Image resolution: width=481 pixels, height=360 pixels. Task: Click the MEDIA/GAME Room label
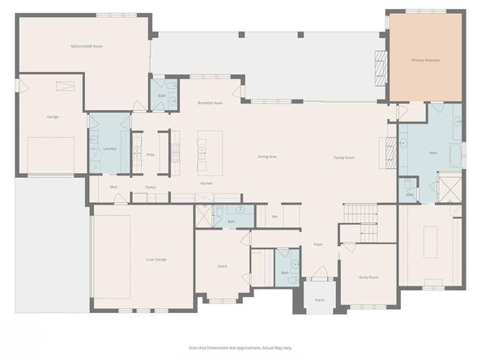click(x=87, y=46)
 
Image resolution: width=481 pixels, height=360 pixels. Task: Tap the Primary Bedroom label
click(x=425, y=60)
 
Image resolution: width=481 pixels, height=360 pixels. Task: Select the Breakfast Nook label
click(x=211, y=104)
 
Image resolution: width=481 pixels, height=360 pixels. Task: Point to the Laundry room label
click(x=109, y=148)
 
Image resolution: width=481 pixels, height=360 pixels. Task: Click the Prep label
click(x=151, y=154)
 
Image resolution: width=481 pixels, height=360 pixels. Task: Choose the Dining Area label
click(x=267, y=156)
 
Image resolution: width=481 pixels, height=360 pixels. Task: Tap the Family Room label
click(x=345, y=158)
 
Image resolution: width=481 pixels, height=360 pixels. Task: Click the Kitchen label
click(x=206, y=184)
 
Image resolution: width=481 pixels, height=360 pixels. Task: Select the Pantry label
click(x=151, y=187)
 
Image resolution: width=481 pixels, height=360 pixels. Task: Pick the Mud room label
click(x=113, y=187)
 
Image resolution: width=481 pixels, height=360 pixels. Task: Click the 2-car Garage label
click(x=156, y=259)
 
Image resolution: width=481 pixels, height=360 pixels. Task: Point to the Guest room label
click(x=223, y=266)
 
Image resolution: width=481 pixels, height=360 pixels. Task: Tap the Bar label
click(x=275, y=217)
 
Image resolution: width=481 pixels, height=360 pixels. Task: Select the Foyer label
click(x=318, y=244)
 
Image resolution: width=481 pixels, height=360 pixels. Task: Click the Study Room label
click(x=368, y=277)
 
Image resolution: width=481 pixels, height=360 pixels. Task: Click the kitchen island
click(x=203, y=151)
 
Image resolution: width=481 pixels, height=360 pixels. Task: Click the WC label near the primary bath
click(x=410, y=194)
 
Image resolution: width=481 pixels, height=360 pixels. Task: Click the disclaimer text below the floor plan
click(x=240, y=348)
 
